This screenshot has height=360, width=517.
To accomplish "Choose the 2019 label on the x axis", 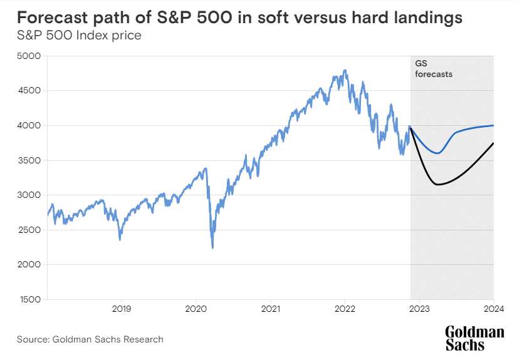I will point(121,309).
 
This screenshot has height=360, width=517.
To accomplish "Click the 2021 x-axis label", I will point(270,309).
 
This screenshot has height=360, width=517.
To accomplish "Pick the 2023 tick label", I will point(420,309).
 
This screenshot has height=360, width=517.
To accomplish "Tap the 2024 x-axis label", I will point(494,309).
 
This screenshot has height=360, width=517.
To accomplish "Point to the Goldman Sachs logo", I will point(474,338).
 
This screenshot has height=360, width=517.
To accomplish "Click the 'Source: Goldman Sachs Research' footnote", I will point(90,339).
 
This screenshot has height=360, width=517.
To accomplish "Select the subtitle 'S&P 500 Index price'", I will point(79,34).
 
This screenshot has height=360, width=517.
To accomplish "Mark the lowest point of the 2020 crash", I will point(212,248).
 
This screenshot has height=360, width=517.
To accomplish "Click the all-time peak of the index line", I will point(345,70).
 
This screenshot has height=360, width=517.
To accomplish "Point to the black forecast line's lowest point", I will point(437,185).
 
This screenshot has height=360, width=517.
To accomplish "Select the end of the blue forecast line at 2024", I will point(494,125).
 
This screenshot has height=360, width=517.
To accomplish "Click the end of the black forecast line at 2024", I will point(494,143).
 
